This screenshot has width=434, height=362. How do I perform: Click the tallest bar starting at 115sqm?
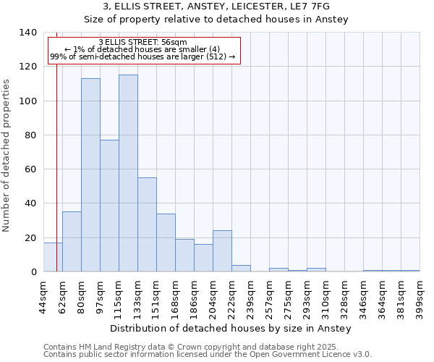click(128, 173)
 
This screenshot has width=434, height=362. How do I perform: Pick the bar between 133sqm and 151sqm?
click(147, 224)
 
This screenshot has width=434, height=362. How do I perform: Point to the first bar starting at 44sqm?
click(53, 257)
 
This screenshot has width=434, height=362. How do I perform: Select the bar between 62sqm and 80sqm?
click(72, 242)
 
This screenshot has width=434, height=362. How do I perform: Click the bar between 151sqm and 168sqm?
click(166, 243)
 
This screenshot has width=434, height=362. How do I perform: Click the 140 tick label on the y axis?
click(27, 33)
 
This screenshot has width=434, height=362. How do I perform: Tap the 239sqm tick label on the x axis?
click(250, 297)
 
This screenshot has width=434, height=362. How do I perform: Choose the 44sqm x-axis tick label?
click(43, 297)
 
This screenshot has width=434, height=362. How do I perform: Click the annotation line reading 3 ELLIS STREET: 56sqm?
click(142, 43)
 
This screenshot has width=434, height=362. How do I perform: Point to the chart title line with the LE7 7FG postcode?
click(217, 7)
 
